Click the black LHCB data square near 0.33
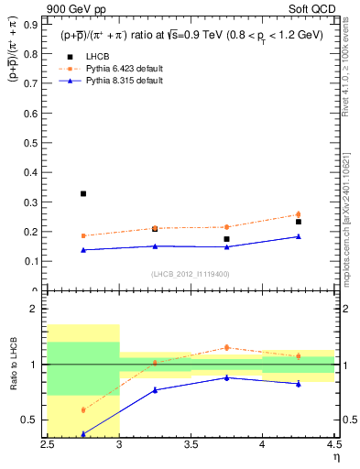[x=83, y=193]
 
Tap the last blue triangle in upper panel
[x=298, y=236]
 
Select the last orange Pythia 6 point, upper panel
[x=298, y=214]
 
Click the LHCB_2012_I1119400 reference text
[x=191, y=273]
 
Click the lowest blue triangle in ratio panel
[x=83, y=433]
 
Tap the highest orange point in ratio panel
[x=226, y=347]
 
